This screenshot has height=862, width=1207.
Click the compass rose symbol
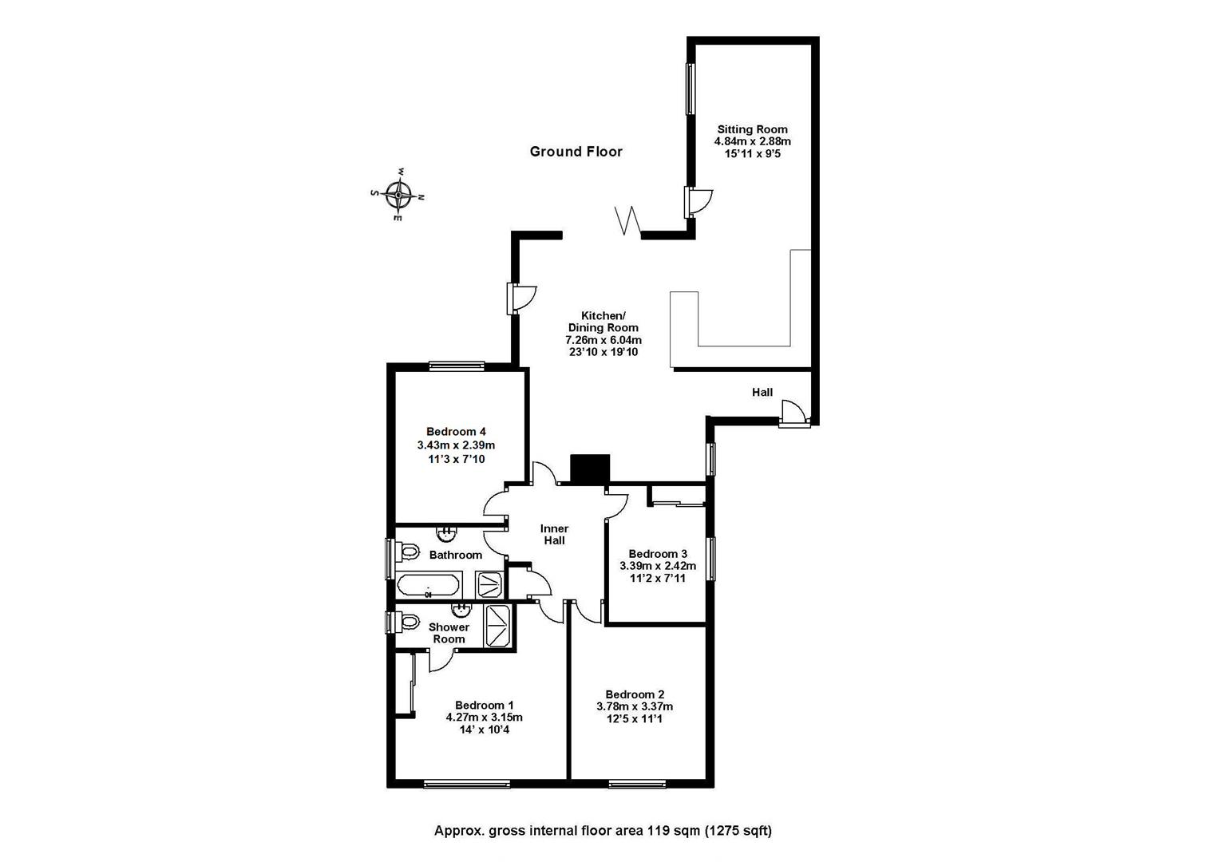click(x=398, y=195)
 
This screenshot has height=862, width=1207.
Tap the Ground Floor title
click(x=576, y=152)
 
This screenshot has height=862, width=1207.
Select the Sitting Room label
click(x=752, y=129)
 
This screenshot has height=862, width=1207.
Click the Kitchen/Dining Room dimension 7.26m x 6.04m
click(x=603, y=340)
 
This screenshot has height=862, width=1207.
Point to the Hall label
click(x=762, y=392)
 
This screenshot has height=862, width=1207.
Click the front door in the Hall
click(x=794, y=413)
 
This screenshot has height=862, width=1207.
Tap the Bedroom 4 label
click(x=456, y=432)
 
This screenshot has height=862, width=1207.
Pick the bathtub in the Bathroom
click(x=429, y=584)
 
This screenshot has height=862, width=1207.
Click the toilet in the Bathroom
click(x=407, y=552)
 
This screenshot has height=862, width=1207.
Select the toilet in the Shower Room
click(x=407, y=622)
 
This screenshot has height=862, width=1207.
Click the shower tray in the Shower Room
click(x=498, y=625)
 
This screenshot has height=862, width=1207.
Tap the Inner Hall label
click(x=554, y=535)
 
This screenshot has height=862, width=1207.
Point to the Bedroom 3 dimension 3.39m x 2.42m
click(x=658, y=566)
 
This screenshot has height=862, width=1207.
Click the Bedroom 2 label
click(x=635, y=694)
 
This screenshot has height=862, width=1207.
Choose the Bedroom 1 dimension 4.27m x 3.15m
click(x=484, y=718)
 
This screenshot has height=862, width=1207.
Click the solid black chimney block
click(x=590, y=469)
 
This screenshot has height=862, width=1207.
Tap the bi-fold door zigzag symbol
click(x=627, y=219)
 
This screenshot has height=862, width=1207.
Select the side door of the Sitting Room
click(x=698, y=203)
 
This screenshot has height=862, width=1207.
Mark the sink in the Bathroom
click(x=446, y=533)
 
